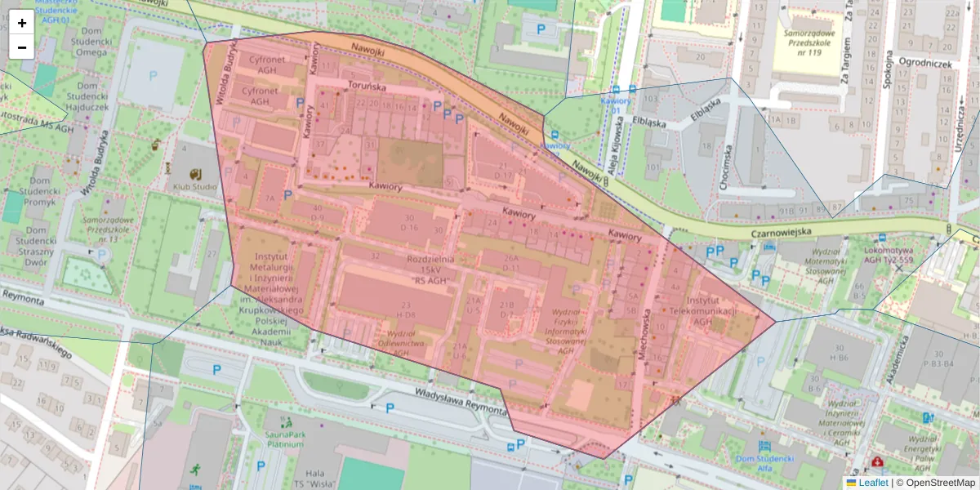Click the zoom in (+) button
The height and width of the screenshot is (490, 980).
pyautogui.click(x=22, y=23)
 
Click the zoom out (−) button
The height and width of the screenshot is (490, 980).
pyautogui.click(x=22, y=47)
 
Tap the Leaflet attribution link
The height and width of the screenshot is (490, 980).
pyautogui.click(x=873, y=483)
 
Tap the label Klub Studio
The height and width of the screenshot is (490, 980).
pyautogui.click(x=194, y=187)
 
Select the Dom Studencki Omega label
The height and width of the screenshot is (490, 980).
pyautogui.click(x=91, y=46)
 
